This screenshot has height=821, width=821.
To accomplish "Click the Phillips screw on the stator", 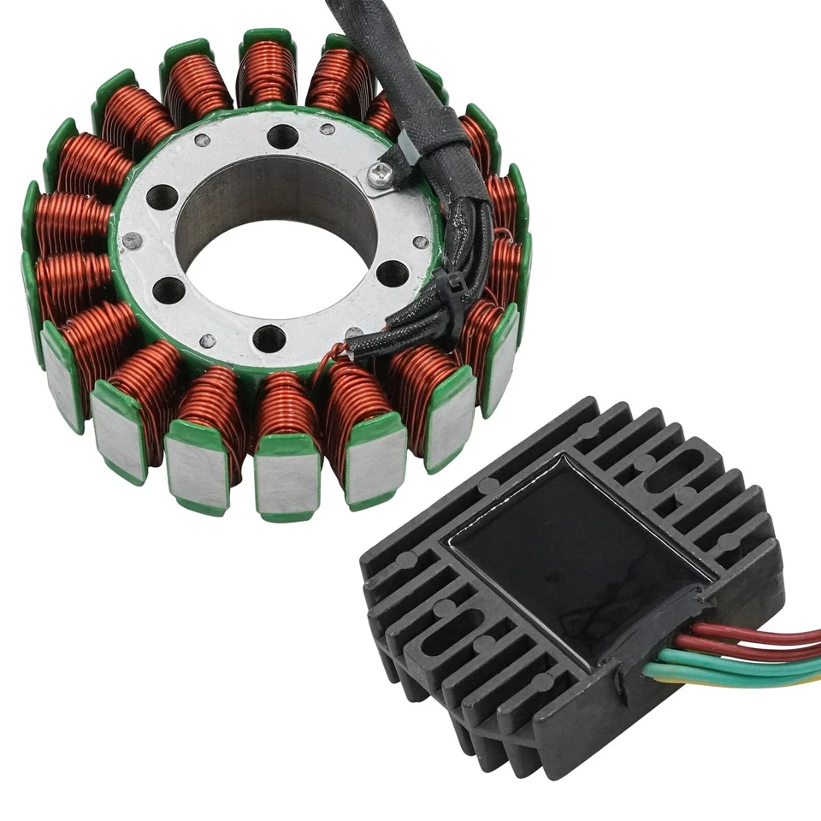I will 378,174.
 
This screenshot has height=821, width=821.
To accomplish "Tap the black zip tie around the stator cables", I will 446,286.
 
